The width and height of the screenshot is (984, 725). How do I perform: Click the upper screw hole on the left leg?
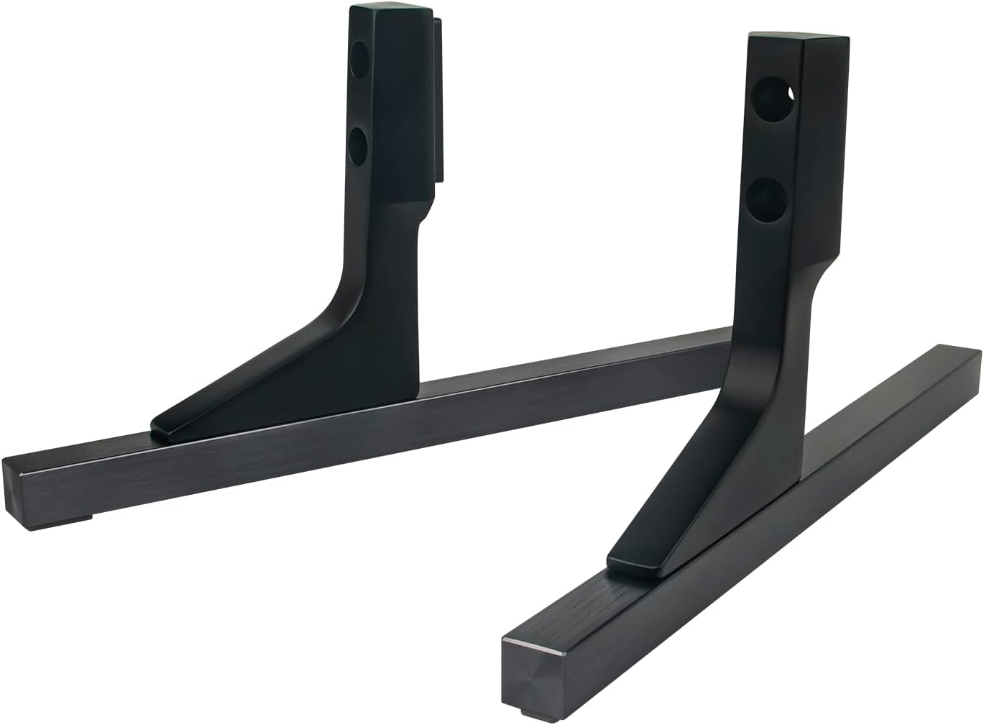tap(359, 62)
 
